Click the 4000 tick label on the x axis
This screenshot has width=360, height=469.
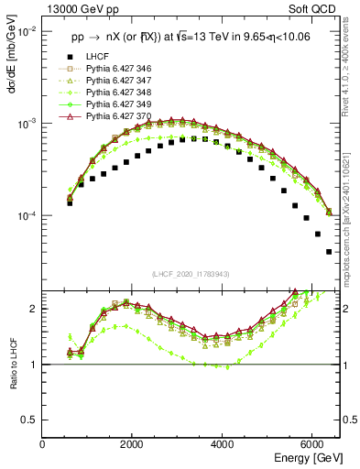pyautogui.click(x=223, y=444)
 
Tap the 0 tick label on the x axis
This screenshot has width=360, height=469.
pyautogui.click(x=43, y=444)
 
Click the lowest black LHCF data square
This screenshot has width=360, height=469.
pyautogui.click(x=329, y=252)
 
